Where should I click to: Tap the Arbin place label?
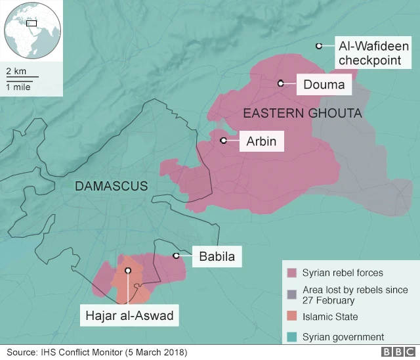(261, 141)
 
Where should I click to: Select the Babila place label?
(216, 256)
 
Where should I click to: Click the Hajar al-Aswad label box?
(129, 316)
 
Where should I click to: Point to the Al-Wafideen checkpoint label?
(372, 53)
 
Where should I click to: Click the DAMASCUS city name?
(112, 186)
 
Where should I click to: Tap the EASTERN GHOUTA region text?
(303, 114)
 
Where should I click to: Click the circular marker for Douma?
(280, 83)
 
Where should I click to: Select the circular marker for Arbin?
(224, 140)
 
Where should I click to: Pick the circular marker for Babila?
(176, 256)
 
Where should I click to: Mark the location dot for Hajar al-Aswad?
(128, 270)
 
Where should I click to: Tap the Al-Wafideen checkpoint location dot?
(318, 46)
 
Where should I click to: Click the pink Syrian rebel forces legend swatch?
(291, 273)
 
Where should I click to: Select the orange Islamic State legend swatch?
(291, 317)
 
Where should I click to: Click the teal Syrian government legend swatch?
(291, 337)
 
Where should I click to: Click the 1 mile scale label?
(18, 87)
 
